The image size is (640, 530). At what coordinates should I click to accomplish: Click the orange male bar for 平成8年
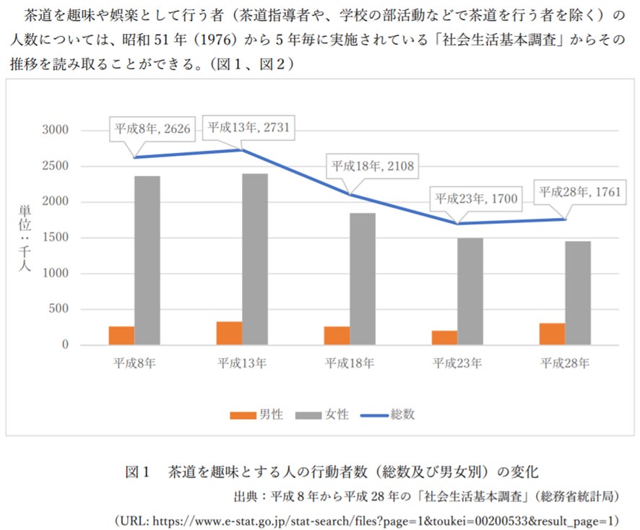(x=121, y=336)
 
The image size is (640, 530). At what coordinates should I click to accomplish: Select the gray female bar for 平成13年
(x=255, y=259)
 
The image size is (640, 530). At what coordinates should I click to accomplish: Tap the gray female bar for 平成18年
(x=363, y=279)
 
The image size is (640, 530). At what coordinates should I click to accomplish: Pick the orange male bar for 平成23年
(x=445, y=338)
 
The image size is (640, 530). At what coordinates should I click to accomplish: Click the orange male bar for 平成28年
(x=553, y=334)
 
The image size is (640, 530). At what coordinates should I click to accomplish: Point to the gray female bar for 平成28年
(x=578, y=293)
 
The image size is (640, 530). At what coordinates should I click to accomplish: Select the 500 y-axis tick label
(x=59, y=310)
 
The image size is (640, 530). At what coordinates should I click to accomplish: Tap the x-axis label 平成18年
(x=350, y=362)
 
